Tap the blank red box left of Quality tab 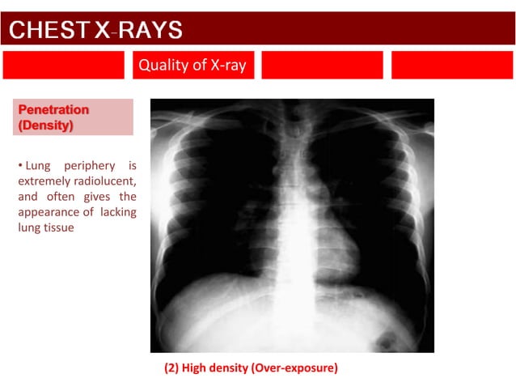tap(63, 66)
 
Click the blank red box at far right tap(452, 66)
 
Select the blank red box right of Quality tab tap(321, 66)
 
